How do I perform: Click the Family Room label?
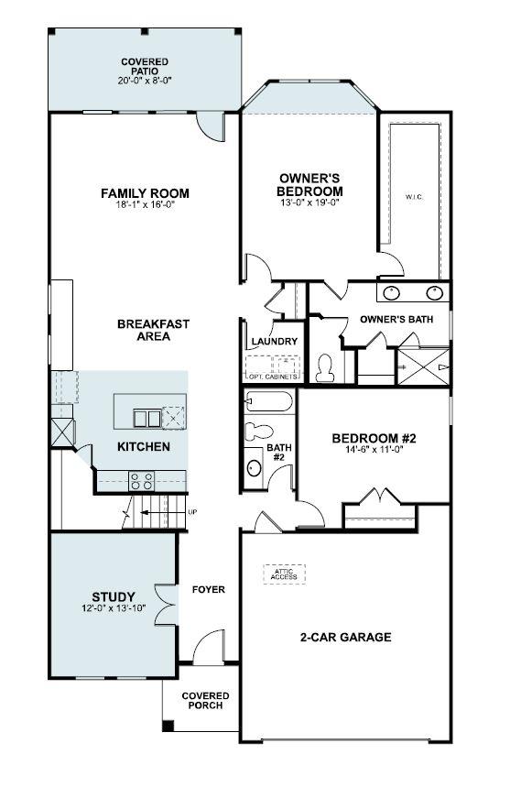[145, 193]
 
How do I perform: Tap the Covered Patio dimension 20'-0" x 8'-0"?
[145, 81]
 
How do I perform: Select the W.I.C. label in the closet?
[414, 197]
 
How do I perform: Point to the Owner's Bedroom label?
[310, 184]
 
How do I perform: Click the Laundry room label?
[274, 342]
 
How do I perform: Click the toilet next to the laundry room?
[324, 367]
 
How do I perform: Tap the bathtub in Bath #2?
[269, 402]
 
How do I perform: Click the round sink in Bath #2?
[255, 468]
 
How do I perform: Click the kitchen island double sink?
[146, 418]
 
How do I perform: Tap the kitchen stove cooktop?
[142, 478]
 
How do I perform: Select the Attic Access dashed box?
[284, 574]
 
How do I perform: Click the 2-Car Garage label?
[345, 637]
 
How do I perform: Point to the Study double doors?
[165, 605]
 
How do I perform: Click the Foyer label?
[209, 589]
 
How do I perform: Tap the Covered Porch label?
[205, 702]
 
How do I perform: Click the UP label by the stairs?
[192, 511]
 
